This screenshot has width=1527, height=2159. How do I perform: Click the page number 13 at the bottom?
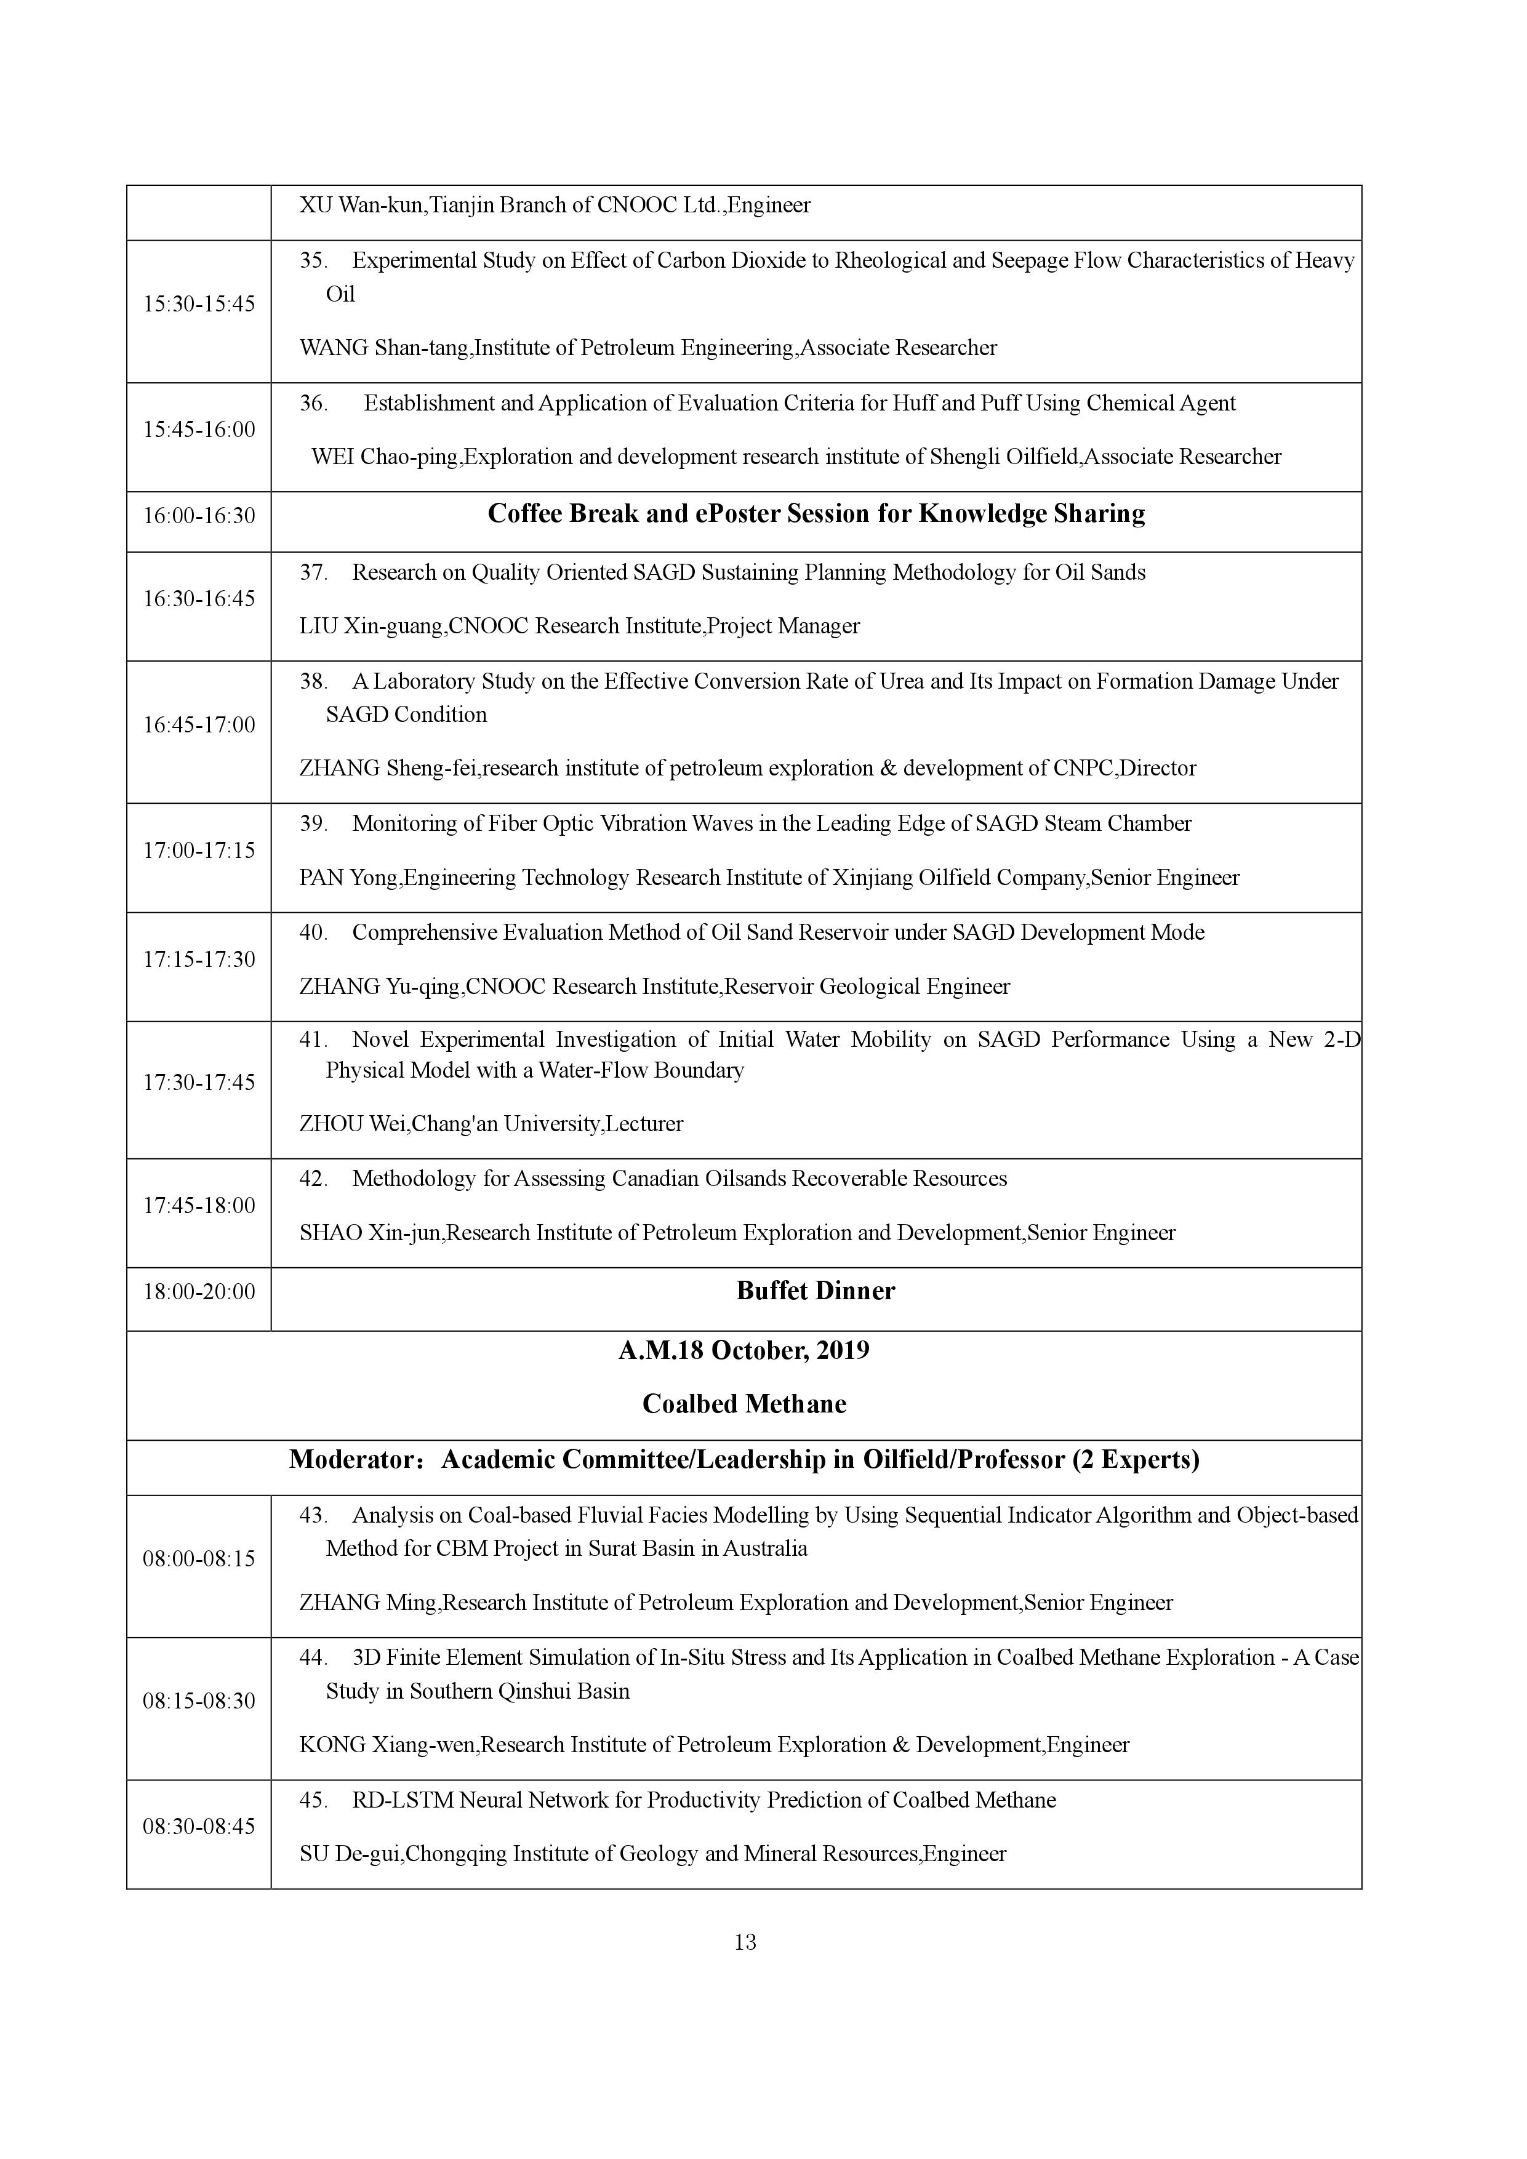click(x=745, y=1942)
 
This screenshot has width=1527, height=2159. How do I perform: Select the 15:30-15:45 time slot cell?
click(x=198, y=304)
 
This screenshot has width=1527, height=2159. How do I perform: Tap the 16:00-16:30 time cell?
click(x=198, y=515)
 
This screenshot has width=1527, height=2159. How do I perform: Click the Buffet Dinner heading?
click(x=816, y=1291)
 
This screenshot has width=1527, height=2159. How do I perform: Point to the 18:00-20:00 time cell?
click(x=198, y=1292)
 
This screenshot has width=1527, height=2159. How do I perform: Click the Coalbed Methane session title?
click(x=743, y=1404)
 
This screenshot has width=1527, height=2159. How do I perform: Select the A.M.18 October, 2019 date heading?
click(x=743, y=1350)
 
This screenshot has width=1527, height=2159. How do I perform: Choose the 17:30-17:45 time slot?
click(x=198, y=1083)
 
